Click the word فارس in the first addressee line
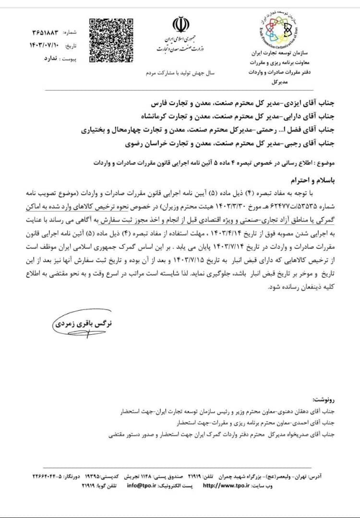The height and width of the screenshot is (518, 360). pyautogui.click(x=159, y=103)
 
